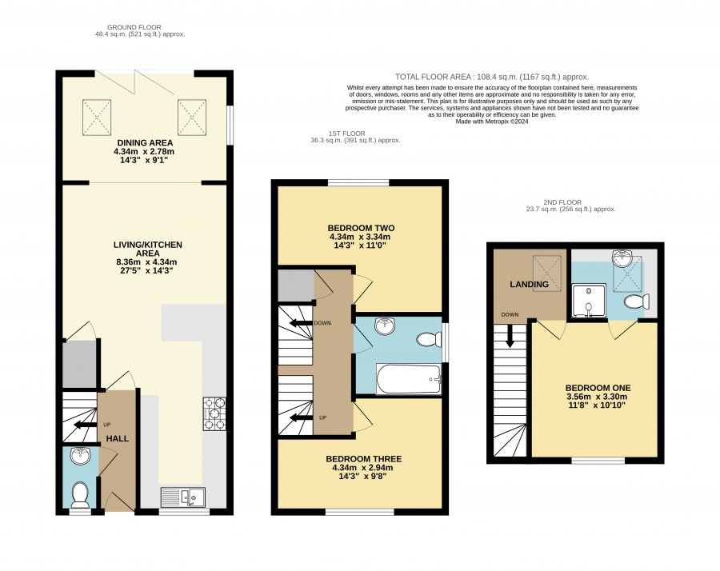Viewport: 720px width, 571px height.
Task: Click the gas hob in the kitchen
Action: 214,414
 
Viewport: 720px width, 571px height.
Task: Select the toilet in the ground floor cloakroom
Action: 80,494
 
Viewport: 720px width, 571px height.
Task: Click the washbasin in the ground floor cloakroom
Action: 81,456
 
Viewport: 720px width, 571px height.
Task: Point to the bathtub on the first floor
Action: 409,379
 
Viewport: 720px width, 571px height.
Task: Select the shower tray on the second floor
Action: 589,301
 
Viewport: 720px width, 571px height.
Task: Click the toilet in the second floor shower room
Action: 637,302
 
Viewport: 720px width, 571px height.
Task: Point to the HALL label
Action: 118,439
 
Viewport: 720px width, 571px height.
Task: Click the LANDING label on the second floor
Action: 529,285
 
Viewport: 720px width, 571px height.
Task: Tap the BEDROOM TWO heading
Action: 361,228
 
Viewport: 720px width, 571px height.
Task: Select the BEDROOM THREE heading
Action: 364,459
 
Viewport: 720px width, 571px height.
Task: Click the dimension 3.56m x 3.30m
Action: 597,397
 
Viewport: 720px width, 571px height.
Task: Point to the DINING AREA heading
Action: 145,142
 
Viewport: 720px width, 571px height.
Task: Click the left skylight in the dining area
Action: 97,118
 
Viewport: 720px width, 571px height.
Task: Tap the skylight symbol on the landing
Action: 547,274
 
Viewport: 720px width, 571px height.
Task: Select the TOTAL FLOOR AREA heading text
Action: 433,77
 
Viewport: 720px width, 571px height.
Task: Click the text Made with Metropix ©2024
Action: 492,122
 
